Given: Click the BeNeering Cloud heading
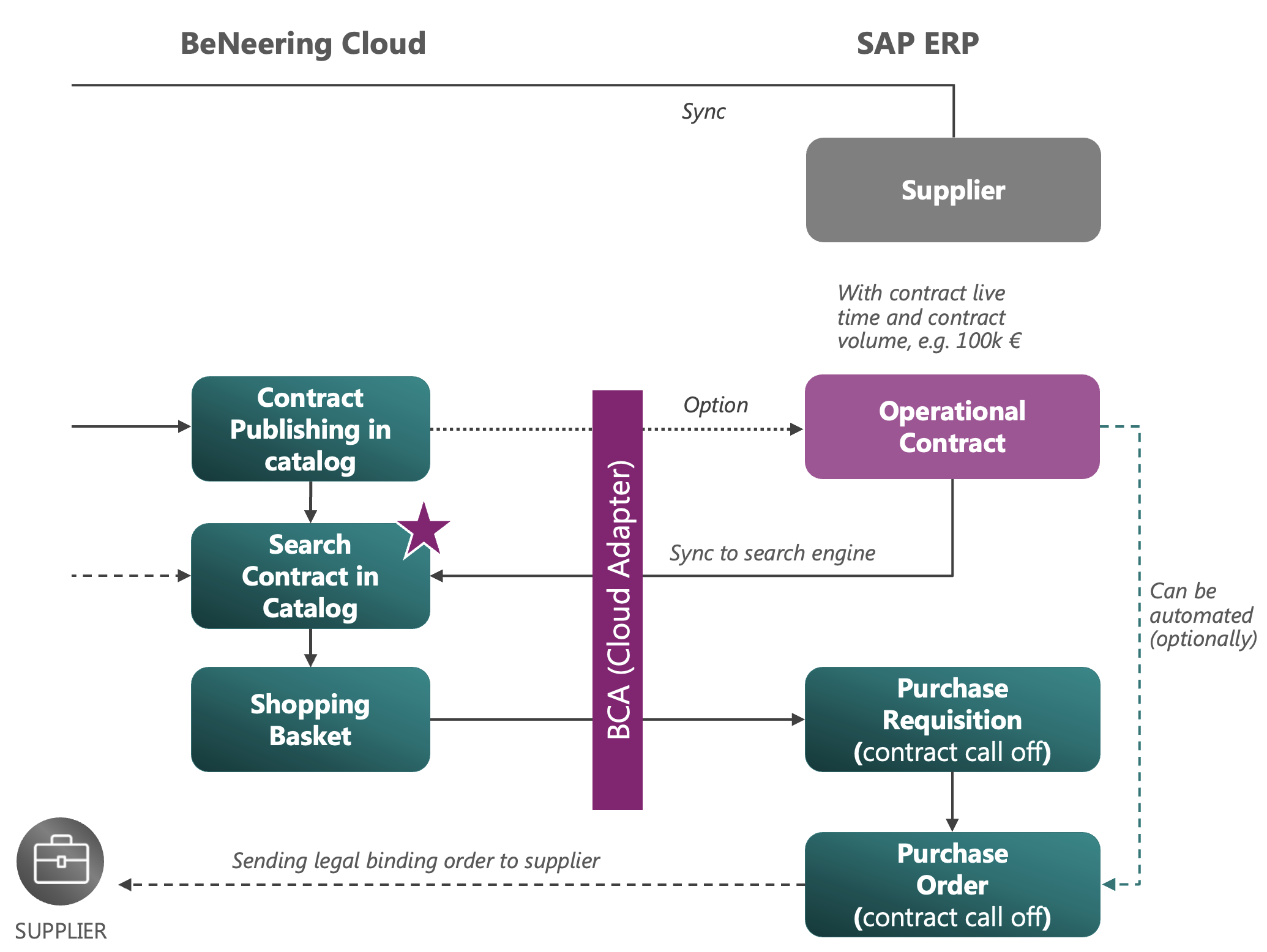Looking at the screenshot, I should coord(303,43).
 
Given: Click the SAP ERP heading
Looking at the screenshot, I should coord(917,43).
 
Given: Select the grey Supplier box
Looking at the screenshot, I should coord(953,190).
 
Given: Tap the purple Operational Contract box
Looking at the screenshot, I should coord(952,426).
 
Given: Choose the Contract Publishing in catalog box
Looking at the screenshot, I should coord(310,429).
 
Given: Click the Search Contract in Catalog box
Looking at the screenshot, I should coord(310,576).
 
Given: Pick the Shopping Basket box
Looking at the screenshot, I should coord(310,720).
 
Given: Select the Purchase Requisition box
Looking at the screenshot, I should coord(952,720).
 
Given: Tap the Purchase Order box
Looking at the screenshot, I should coord(952,885).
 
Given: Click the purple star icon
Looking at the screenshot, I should coord(424,530).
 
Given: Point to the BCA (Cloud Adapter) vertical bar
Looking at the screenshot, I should coord(617,600).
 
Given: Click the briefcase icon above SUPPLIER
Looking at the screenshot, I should coord(60,861).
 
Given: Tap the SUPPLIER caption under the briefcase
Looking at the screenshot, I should coord(61,931).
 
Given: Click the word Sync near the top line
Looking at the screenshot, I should coord(703,111).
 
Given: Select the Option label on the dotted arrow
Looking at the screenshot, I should coord(716,405).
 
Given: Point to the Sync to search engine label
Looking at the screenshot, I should coord(772,553).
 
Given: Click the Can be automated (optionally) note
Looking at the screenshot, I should coord(1201,615).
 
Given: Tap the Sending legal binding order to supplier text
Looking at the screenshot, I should coord(416,861).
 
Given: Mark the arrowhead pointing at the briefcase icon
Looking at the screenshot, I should coord(125,885).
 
